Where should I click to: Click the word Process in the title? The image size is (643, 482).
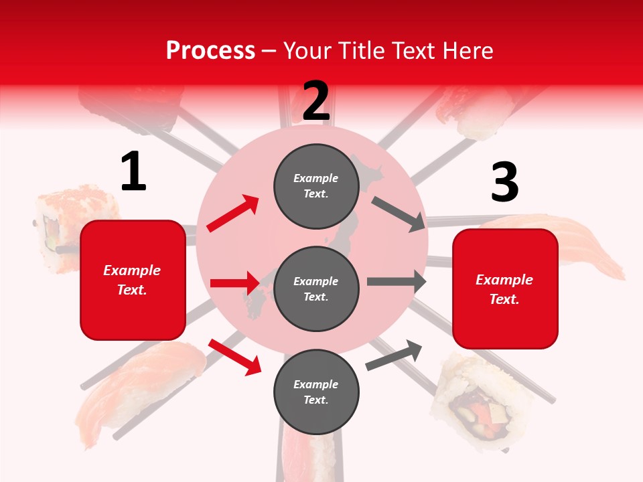(210, 50)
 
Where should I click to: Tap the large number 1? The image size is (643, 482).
(133, 172)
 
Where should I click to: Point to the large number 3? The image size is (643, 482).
(504, 183)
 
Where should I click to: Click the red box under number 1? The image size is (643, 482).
(133, 280)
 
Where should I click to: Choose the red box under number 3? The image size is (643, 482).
(505, 289)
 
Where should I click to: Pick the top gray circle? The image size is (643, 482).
(316, 186)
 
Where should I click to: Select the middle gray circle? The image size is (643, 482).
(316, 289)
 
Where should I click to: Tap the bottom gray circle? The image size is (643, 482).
(316, 392)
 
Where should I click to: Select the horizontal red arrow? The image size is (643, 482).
(234, 283)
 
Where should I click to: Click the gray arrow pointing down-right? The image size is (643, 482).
(399, 214)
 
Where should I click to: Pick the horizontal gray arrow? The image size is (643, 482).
(396, 282)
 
